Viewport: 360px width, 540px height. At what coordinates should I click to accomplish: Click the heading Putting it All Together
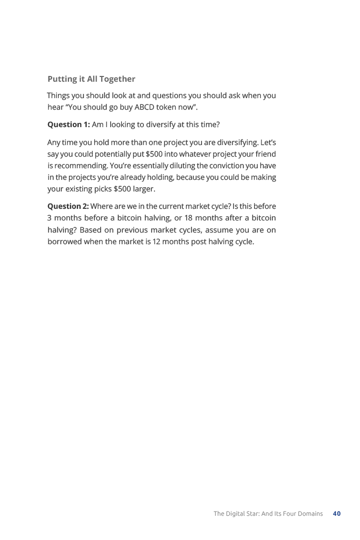tap(91, 79)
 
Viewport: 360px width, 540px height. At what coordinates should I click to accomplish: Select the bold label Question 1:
tap(69, 125)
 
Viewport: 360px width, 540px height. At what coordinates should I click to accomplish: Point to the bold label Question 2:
tap(68, 206)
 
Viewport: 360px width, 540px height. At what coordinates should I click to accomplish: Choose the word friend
tap(265, 155)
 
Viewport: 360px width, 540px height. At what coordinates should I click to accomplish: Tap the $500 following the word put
tap(154, 155)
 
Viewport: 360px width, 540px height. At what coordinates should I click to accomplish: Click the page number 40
tap(337, 514)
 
